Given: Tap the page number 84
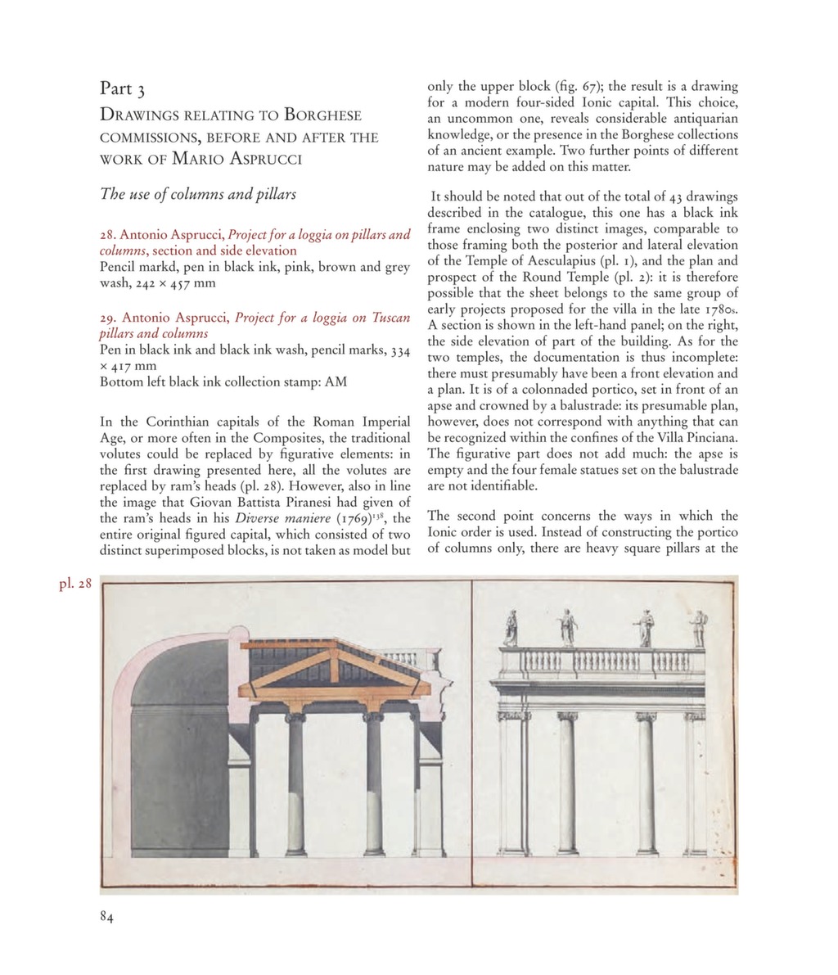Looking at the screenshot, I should (x=106, y=917).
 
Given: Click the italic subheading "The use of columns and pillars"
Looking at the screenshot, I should (x=197, y=194).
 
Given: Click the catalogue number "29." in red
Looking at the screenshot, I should (x=108, y=318).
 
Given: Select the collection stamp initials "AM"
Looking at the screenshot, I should (x=336, y=381).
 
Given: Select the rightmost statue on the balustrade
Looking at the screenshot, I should (x=697, y=628).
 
